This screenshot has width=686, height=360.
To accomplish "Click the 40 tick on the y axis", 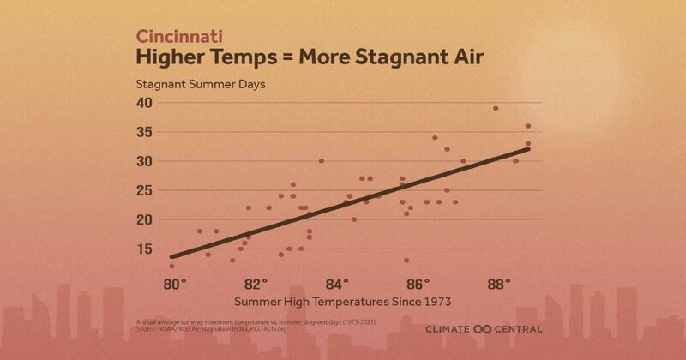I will [144, 103].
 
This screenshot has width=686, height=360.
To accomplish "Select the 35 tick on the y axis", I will [144, 132].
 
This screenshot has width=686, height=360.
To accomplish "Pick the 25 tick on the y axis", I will [144, 190].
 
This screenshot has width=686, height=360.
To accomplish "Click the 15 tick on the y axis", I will [144, 249].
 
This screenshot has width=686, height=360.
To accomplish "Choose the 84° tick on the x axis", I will [338, 284].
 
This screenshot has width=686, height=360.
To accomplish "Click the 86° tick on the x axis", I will [418, 284].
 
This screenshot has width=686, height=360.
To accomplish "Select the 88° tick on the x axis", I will [499, 284].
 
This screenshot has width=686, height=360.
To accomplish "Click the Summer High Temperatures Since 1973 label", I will [340, 302].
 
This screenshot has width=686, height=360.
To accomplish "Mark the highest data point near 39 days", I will [496, 108].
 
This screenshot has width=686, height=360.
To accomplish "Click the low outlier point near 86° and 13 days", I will [406, 260].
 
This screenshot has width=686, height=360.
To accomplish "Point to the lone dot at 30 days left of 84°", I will [322, 161].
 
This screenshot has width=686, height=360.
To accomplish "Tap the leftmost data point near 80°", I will [172, 266].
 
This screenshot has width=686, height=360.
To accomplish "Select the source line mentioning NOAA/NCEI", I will [219, 327].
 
